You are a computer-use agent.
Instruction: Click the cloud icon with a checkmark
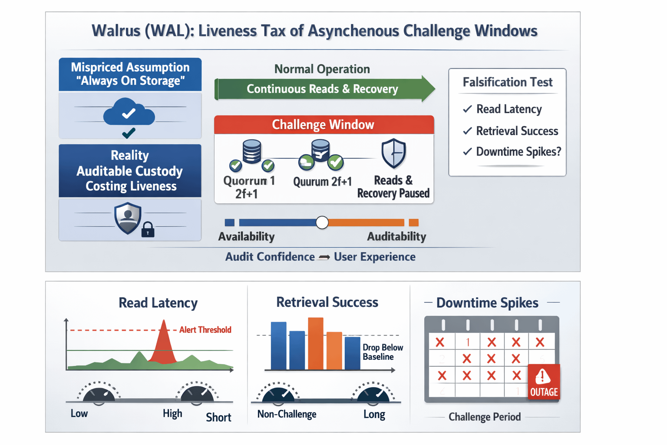point(129,112)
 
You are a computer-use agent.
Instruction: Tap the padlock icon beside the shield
point(148,229)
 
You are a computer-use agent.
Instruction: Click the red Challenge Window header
point(324,125)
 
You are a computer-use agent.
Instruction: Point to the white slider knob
point(322,222)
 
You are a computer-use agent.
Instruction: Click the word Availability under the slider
point(246,236)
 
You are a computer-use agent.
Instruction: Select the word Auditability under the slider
point(396,236)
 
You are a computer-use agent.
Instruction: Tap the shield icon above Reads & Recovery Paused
point(393,153)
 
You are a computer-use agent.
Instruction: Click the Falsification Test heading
point(507,82)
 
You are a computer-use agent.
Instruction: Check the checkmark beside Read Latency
point(467,109)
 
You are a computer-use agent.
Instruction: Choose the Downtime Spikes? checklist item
point(518,152)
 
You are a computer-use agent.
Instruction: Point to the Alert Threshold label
point(205,330)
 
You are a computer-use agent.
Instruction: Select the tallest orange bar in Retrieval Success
point(316,343)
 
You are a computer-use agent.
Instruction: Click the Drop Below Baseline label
point(383,352)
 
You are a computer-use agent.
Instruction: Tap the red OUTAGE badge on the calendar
point(544,382)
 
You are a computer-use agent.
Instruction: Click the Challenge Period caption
point(484,417)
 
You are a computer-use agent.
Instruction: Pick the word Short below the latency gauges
point(218,418)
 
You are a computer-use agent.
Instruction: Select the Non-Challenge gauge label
point(287,414)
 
